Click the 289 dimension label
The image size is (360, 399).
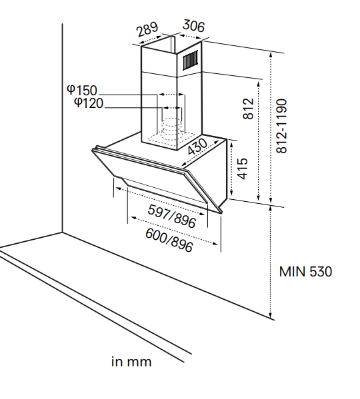[147, 29]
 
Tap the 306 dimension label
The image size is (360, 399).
[193, 26]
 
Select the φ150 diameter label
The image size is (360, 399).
[82, 90]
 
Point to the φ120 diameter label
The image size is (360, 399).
[89, 103]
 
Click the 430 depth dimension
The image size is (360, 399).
[197, 147]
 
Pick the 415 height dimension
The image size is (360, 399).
[242, 169]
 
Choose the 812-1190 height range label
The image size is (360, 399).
[281, 126]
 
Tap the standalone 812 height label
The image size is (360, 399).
[249, 109]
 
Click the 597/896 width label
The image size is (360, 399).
[172, 216]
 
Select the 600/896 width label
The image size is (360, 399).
[169, 240]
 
